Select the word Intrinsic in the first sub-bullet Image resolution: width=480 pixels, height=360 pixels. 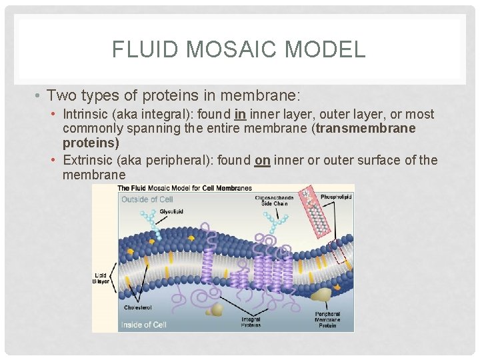[x=85, y=115]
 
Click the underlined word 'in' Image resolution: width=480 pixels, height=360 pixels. [x=241, y=115]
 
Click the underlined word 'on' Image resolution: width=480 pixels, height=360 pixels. [x=262, y=160]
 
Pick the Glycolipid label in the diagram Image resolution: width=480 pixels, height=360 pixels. [x=171, y=212]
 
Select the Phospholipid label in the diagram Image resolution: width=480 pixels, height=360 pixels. [x=336, y=196]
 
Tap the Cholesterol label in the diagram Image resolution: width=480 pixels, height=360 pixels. [x=137, y=307]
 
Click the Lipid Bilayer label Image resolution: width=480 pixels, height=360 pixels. [x=101, y=278]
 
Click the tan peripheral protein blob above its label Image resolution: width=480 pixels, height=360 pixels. [x=323, y=295]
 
